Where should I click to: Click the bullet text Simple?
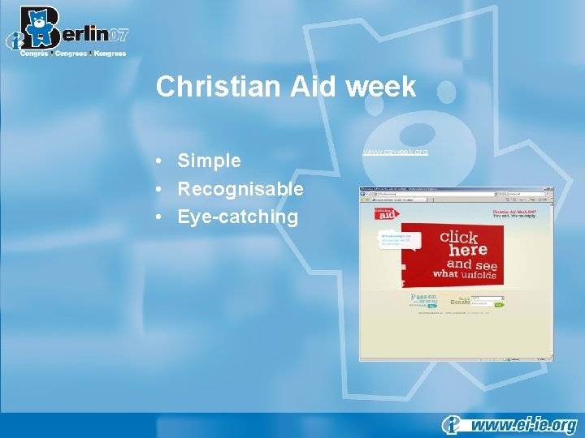[x=209, y=161]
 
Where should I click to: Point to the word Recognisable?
[x=240, y=189]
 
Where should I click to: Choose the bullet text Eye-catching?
[x=238, y=217]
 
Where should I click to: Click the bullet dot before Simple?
[x=162, y=161]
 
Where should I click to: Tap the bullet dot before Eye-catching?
[x=162, y=217]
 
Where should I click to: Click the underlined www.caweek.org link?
[x=395, y=151]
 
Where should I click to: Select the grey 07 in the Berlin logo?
[x=118, y=35]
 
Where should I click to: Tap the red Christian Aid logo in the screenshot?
[x=385, y=213]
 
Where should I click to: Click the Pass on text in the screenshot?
[x=423, y=298]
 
